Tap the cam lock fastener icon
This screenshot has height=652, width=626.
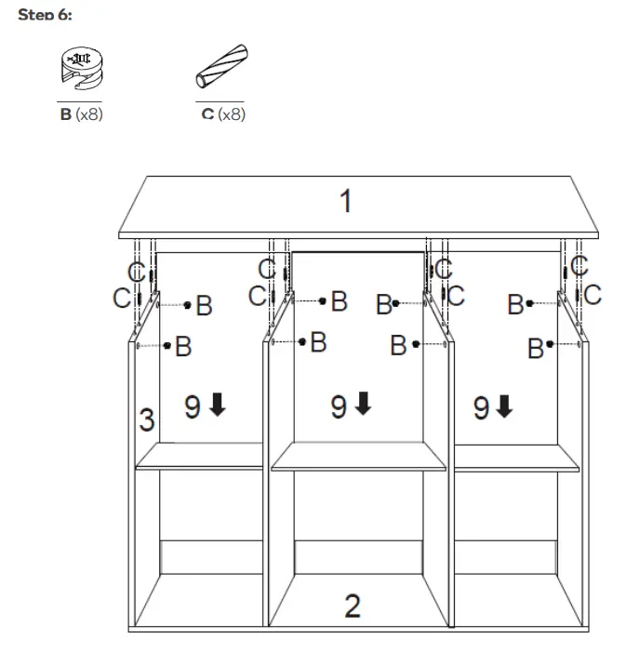(79, 70)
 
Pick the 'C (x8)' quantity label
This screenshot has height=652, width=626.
(222, 115)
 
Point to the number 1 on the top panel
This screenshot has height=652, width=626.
(345, 201)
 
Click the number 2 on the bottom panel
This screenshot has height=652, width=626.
(352, 605)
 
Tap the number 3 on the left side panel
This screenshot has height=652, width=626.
(147, 419)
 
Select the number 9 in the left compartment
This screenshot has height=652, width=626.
(193, 406)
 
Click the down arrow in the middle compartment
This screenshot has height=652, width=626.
(363, 405)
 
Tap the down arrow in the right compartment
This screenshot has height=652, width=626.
(504, 406)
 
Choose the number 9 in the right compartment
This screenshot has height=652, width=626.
(482, 407)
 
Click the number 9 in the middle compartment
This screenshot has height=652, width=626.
(340, 406)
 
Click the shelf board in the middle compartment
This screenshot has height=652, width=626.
(359, 456)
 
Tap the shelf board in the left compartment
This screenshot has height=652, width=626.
(200, 456)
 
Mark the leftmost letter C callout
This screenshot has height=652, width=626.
(121, 298)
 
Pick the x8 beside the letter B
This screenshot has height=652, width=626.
(88, 115)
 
